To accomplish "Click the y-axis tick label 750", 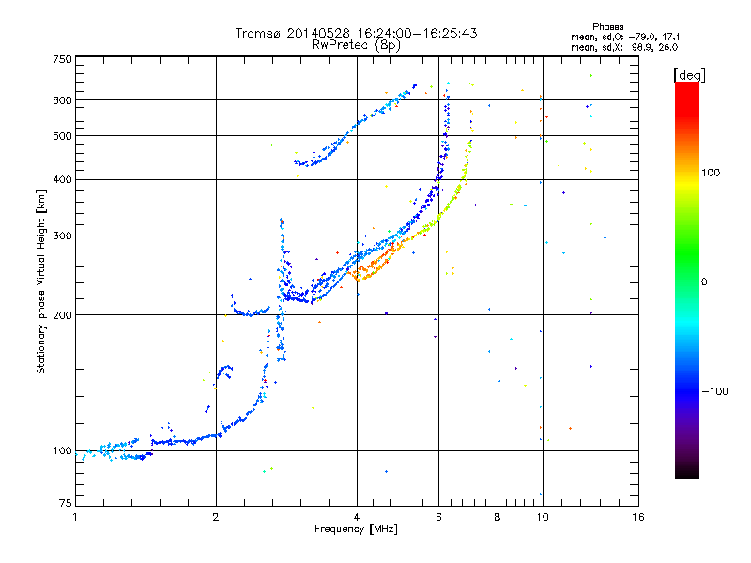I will [x=62, y=58].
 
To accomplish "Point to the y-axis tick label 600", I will [x=62, y=99].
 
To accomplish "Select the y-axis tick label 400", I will [x=62, y=179].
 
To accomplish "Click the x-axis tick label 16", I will [x=637, y=517].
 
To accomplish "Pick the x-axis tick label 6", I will [x=438, y=517].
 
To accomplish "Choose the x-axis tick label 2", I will [x=216, y=517].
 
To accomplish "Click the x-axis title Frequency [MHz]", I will [x=356, y=530].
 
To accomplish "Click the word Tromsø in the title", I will [x=258, y=33].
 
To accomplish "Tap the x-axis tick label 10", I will [x=542, y=517].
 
